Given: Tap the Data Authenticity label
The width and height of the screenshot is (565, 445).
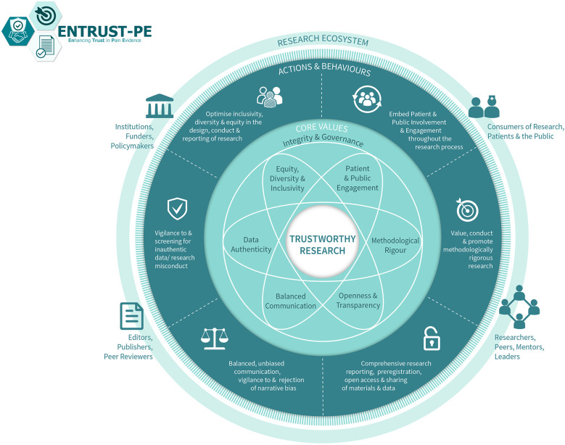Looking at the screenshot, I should [247, 244].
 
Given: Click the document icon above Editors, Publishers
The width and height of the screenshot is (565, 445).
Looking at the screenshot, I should [131, 317].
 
